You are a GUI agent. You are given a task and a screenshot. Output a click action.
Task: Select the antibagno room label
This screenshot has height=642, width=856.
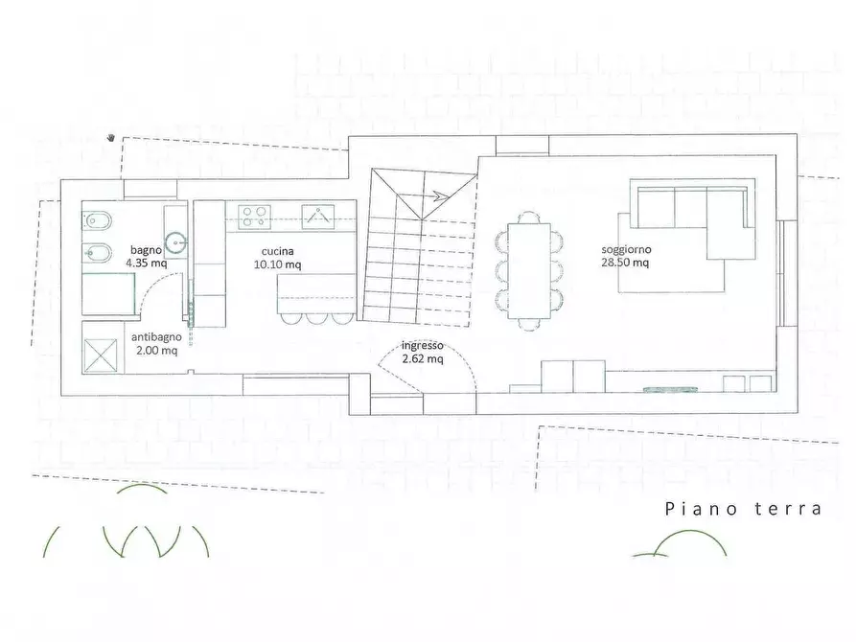(153, 336)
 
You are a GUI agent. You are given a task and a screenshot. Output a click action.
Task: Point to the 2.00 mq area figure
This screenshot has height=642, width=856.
(154, 350)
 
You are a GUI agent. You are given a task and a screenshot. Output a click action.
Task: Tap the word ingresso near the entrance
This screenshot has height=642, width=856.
(422, 345)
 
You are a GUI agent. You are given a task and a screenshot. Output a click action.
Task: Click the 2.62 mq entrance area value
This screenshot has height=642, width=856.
(422, 359)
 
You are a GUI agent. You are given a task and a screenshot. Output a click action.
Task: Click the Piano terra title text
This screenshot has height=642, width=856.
(743, 509)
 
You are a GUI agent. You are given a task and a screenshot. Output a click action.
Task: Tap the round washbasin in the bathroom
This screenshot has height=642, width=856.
(175, 241)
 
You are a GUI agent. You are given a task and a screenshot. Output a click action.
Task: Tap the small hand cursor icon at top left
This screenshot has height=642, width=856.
(113, 137)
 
